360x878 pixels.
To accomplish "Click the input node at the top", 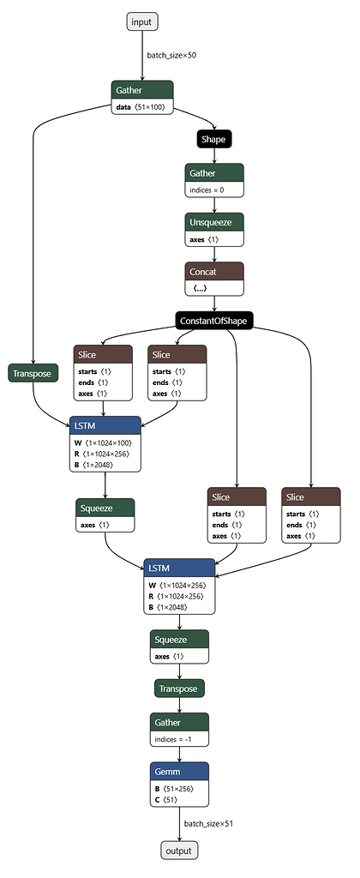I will tap(142, 21).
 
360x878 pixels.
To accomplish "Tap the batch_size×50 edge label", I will tap(171, 55).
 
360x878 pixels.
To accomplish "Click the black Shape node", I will tap(213, 138).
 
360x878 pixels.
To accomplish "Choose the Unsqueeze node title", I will tap(213, 221).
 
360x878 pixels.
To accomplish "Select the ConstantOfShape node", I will tap(214, 321).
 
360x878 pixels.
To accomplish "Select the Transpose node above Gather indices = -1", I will tap(179, 689).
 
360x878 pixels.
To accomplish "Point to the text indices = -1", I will tap(177, 738).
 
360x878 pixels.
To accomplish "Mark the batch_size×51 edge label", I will tap(207, 823).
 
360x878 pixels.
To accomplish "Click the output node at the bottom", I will tap(179, 851).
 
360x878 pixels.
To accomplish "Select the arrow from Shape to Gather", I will tap(213, 154).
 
